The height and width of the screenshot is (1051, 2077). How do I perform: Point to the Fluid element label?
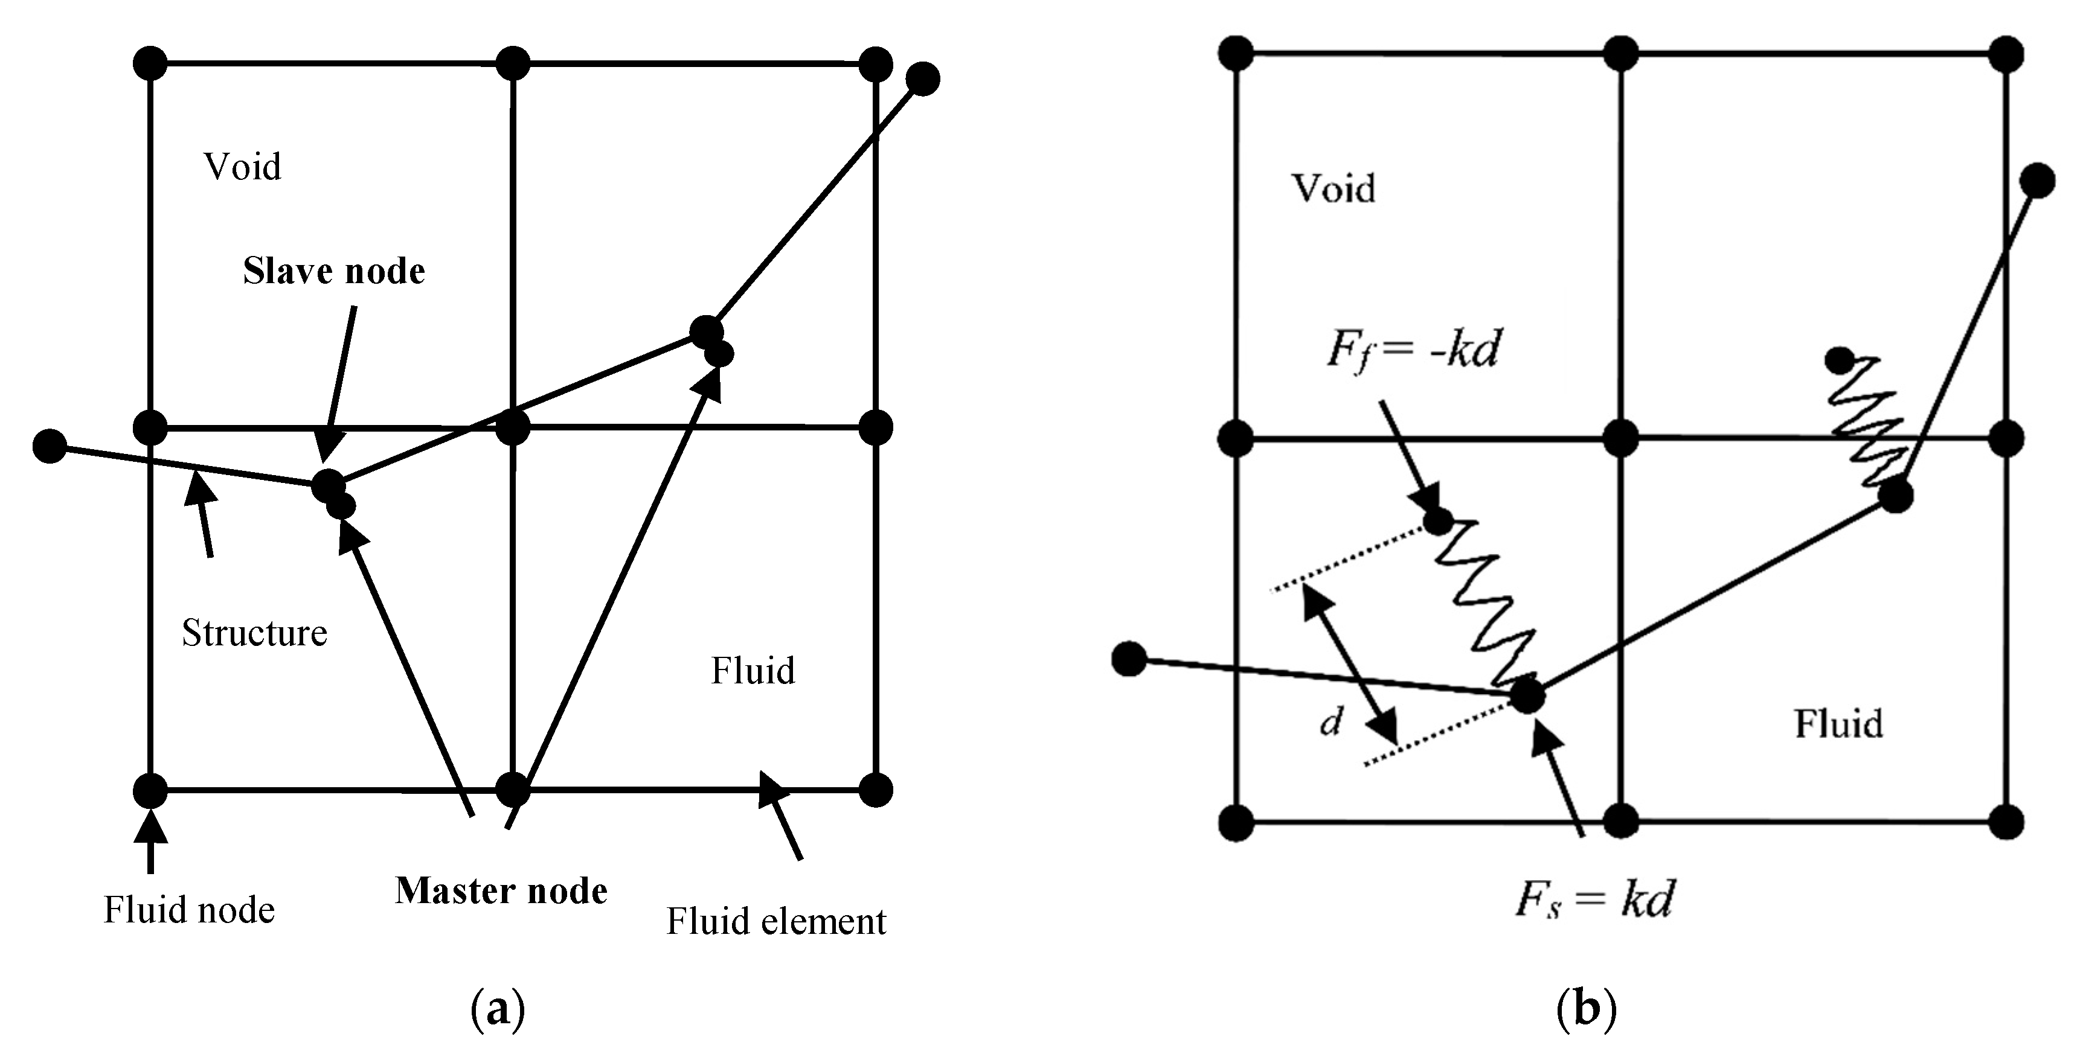(x=775, y=921)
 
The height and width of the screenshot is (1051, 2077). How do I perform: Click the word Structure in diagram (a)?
(x=254, y=633)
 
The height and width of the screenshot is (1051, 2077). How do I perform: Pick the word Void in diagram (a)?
(x=242, y=167)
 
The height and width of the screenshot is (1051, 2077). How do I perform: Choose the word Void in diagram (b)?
(x=1334, y=188)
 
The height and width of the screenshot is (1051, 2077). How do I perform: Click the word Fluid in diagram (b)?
(x=1838, y=724)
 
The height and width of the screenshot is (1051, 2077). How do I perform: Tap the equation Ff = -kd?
(x=1413, y=351)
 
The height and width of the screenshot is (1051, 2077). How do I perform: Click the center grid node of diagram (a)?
(x=513, y=427)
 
